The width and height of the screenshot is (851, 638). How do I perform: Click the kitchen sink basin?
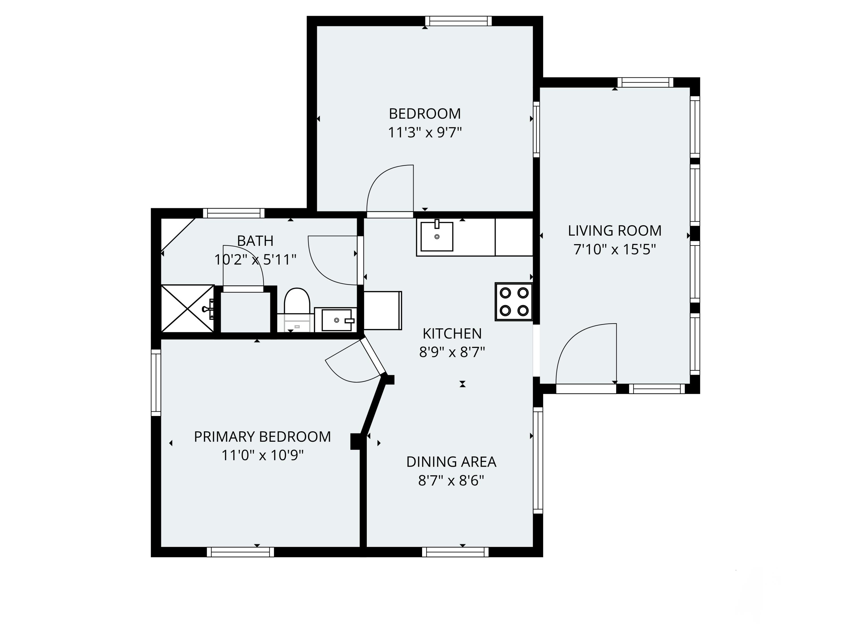tap(437, 236)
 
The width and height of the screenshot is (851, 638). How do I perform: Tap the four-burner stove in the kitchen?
tap(514, 302)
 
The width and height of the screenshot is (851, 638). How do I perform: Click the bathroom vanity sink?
tap(336, 320)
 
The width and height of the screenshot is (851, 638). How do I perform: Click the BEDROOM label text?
tap(425, 114)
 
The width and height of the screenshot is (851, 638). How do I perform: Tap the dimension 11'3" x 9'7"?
tap(425, 133)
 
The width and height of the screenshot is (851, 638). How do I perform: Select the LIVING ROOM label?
tap(615, 231)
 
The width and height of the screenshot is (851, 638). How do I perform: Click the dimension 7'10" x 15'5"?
tap(615, 250)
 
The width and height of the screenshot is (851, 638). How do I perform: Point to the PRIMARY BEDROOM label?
tap(262, 437)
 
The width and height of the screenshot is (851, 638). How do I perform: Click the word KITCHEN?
tap(452, 334)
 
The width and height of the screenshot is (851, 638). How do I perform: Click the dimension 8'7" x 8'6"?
tap(451, 481)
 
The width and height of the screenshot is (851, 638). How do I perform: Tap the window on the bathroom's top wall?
tap(234, 213)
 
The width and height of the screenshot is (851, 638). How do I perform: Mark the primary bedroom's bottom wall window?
tap(241, 552)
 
